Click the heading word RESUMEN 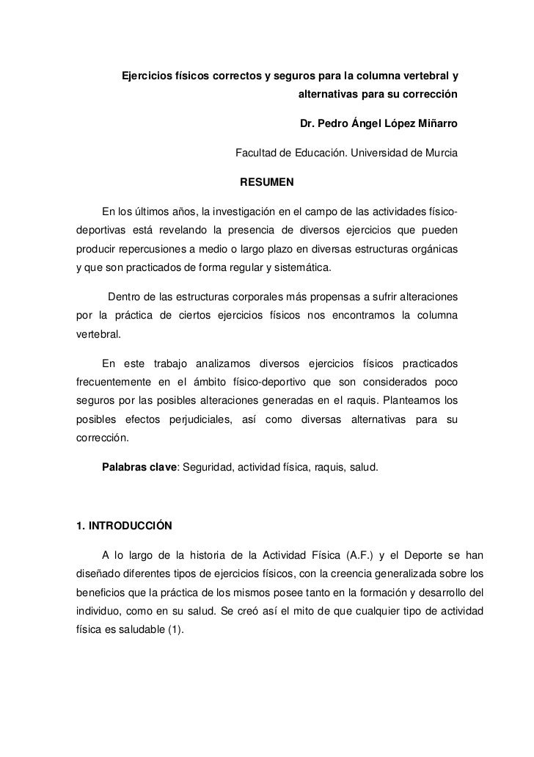click(272, 181)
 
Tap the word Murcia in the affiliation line click(438, 153)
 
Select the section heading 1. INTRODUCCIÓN click(124, 526)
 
